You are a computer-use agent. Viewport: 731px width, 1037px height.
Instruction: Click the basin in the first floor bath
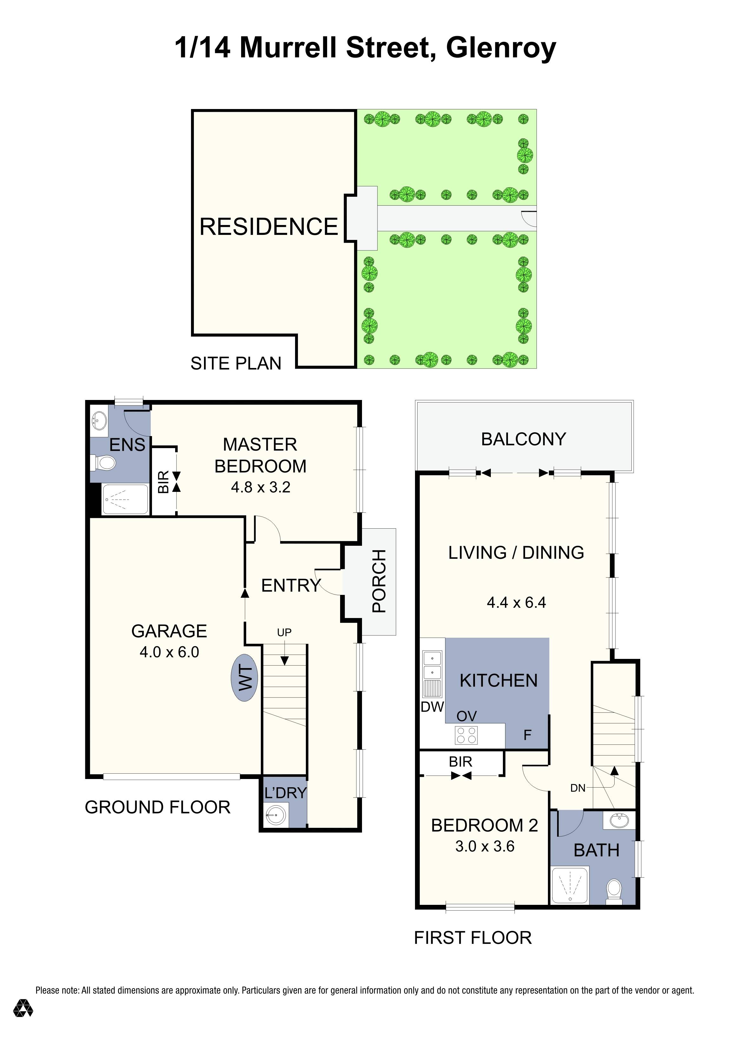coord(619,820)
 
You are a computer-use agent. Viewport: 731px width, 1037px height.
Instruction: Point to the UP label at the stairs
coord(284,632)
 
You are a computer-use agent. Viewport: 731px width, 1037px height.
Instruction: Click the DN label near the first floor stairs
coord(578,788)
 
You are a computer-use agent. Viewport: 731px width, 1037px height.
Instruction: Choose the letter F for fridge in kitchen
coord(527,735)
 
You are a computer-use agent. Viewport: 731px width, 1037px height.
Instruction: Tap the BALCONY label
coord(524,439)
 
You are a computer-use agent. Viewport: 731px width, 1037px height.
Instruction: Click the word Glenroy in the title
coord(501,48)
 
